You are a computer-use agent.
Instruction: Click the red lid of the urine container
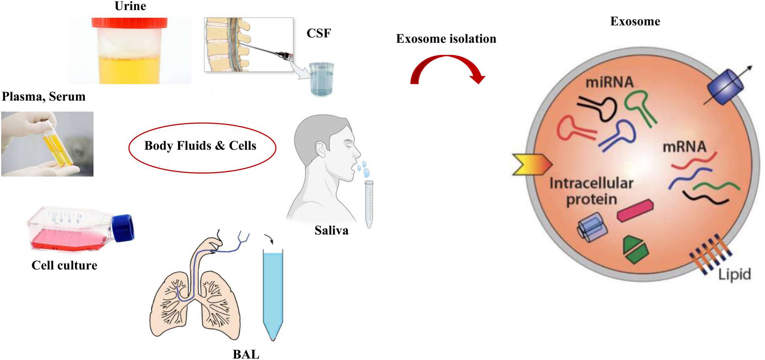tap(129, 22)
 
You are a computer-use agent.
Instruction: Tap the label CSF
tap(318, 33)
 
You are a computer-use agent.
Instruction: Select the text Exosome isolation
tap(446, 39)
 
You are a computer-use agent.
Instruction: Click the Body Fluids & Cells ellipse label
tap(200, 146)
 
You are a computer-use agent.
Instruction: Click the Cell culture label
tap(64, 265)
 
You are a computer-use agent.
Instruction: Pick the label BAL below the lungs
tap(246, 354)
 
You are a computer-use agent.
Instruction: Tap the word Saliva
tap(331, 230)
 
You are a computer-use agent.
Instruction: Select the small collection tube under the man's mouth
tap(369, 204)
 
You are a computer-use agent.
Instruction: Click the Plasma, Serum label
tap(44, 97)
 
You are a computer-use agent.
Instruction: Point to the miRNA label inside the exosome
tap(609, 82)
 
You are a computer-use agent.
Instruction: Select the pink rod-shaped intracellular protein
tap(635, 210)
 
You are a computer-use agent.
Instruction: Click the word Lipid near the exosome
tap(734, 274)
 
